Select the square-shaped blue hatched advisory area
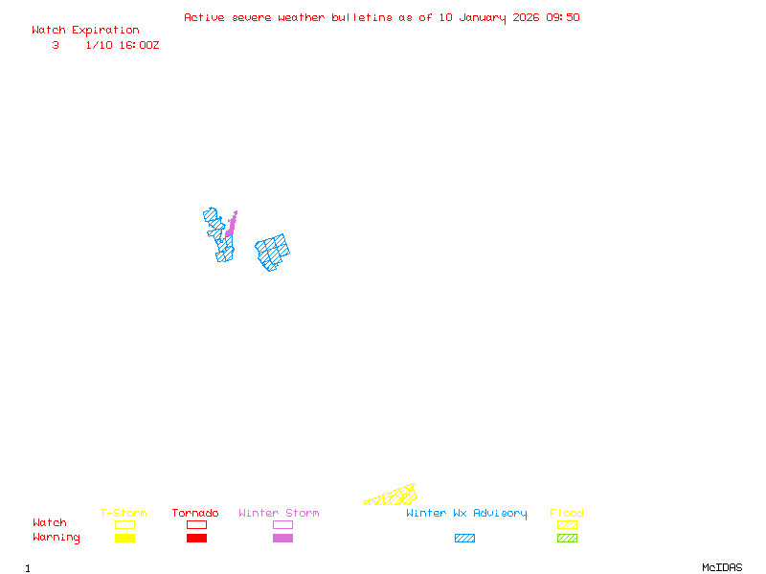click(273, 252)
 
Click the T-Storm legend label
click(124, 514)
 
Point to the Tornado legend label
click(195, 514)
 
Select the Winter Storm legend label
click(279, 514)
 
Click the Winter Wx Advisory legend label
click(466, 514)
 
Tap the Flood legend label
click(567, 514)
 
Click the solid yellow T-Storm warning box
click(124, 539)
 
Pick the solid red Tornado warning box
click(196, 539)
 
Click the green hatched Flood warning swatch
click(567, 539)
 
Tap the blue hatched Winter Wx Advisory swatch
click(464, 539)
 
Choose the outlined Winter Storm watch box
click(282, 525)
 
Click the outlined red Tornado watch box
click(196, 525)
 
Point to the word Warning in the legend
click(56, 538)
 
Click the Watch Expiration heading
click(85, 31)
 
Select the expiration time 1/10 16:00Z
click(123, 45)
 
